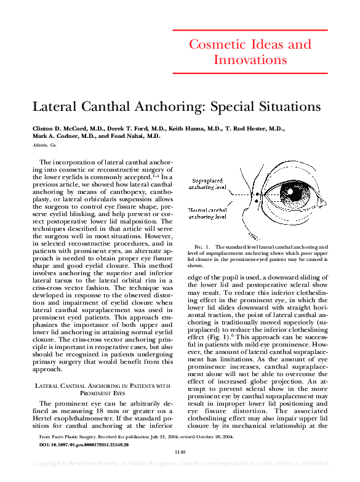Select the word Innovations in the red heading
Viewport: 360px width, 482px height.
pos(250,60)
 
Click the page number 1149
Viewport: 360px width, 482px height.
pos(180,452)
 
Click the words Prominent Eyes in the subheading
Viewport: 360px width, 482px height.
pos(102,392)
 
